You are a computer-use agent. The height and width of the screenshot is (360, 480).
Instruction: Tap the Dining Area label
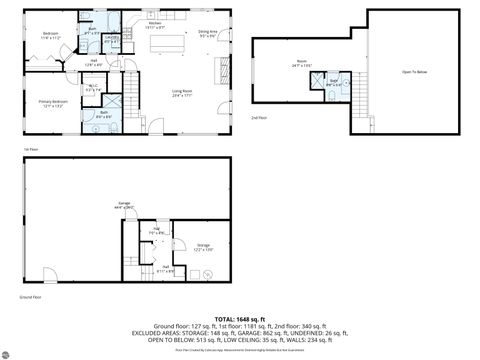click(x=209, y=34)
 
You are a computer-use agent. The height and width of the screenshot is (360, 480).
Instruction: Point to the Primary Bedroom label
click(x=50, y=103)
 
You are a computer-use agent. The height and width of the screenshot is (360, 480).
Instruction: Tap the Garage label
click(x=125, y=205)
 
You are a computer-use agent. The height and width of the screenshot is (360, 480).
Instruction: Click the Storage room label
click(x=203, y=246)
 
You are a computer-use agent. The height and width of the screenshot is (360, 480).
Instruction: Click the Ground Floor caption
click(x=30, y=297)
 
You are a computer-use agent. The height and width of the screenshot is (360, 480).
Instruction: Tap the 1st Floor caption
click(x=29, y=149)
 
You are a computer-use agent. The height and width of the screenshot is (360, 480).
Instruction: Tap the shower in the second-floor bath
click(x=344, y=81)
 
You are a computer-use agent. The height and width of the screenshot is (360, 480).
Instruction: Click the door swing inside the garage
click(x=48, y=272)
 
